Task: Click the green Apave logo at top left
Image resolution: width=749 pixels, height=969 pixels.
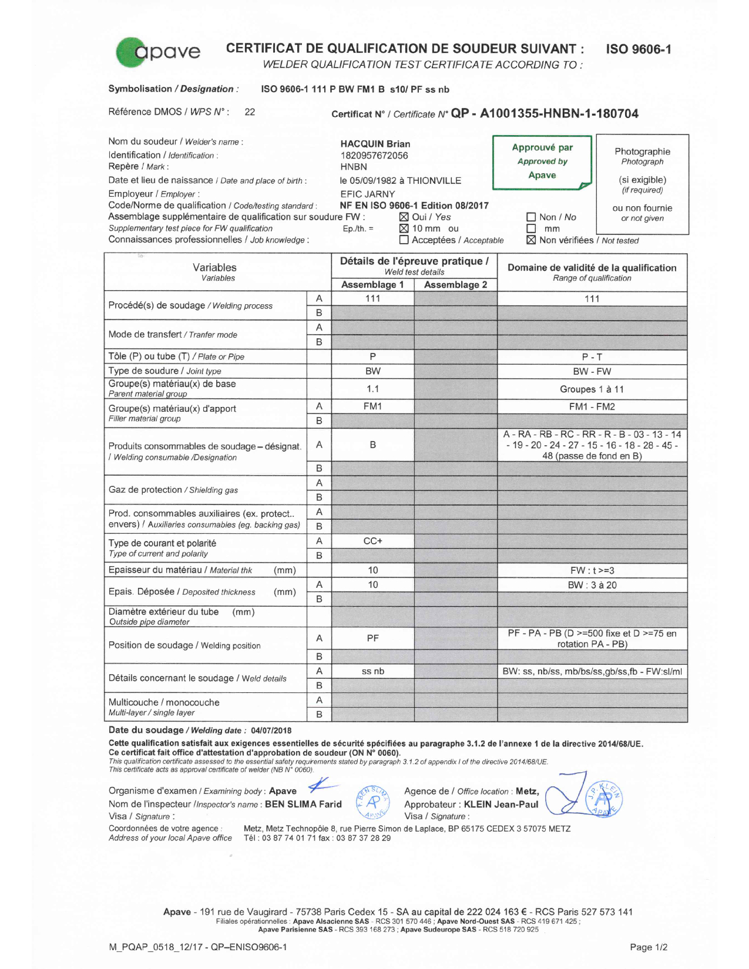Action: point(157,52)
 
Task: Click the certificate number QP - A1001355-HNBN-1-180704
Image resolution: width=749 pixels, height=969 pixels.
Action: point(545,113)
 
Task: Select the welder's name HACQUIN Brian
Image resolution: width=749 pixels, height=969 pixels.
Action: point(375,144)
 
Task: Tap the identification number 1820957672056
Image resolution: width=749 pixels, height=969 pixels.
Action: point(374,156)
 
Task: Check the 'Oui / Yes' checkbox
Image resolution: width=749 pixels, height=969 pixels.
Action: point(404,217)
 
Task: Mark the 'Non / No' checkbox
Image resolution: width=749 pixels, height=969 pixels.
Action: point(531,217)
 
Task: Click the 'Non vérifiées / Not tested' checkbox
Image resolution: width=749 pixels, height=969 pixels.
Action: point(531,240)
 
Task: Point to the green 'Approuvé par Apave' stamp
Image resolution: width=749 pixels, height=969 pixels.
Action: point(542,161)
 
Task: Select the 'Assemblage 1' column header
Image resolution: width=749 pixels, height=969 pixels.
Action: point(372,285)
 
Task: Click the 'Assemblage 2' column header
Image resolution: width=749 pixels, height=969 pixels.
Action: point(455,285)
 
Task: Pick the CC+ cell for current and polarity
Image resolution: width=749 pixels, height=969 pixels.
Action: point(372,541)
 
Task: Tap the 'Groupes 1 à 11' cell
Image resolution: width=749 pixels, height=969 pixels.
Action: point(592,389)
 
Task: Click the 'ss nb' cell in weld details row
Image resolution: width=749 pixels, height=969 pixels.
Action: point(372,671)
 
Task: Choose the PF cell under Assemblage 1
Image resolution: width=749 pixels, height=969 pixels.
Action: point(372,638)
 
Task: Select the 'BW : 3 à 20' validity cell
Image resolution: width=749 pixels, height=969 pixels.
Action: point(592,585)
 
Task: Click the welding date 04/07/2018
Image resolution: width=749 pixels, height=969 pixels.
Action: point(271,731)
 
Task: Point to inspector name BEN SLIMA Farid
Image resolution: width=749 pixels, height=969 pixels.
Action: point(303,804)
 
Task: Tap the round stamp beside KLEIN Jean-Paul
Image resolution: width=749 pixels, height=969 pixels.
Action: point(604,799)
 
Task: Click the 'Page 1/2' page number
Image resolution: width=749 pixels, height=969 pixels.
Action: point(648,947)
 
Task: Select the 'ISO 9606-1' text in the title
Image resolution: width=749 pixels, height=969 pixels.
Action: point(639,49)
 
